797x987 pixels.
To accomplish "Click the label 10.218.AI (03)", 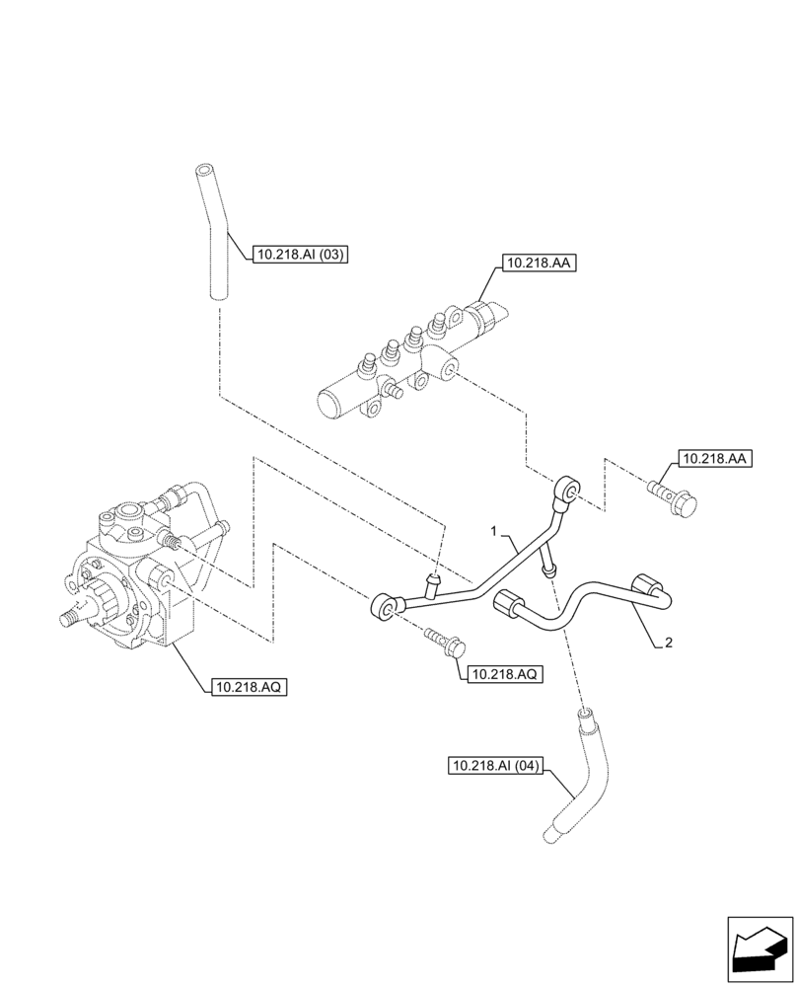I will tap(302, 255).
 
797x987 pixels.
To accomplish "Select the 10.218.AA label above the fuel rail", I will tap(538, 264).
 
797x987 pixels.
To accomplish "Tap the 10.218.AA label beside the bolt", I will tap(714, 459).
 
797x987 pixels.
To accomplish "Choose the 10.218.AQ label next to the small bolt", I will tap(503, 674).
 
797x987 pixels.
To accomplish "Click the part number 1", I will tap(496, 532).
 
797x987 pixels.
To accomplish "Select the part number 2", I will tap(669, 643).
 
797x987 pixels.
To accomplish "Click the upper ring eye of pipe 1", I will tap(567, 489).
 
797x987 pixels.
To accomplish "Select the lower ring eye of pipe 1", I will tap(384, 607).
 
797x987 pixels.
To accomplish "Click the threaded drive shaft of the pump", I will tap(73, 618).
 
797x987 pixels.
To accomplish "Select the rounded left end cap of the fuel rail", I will tap(328, 404).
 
